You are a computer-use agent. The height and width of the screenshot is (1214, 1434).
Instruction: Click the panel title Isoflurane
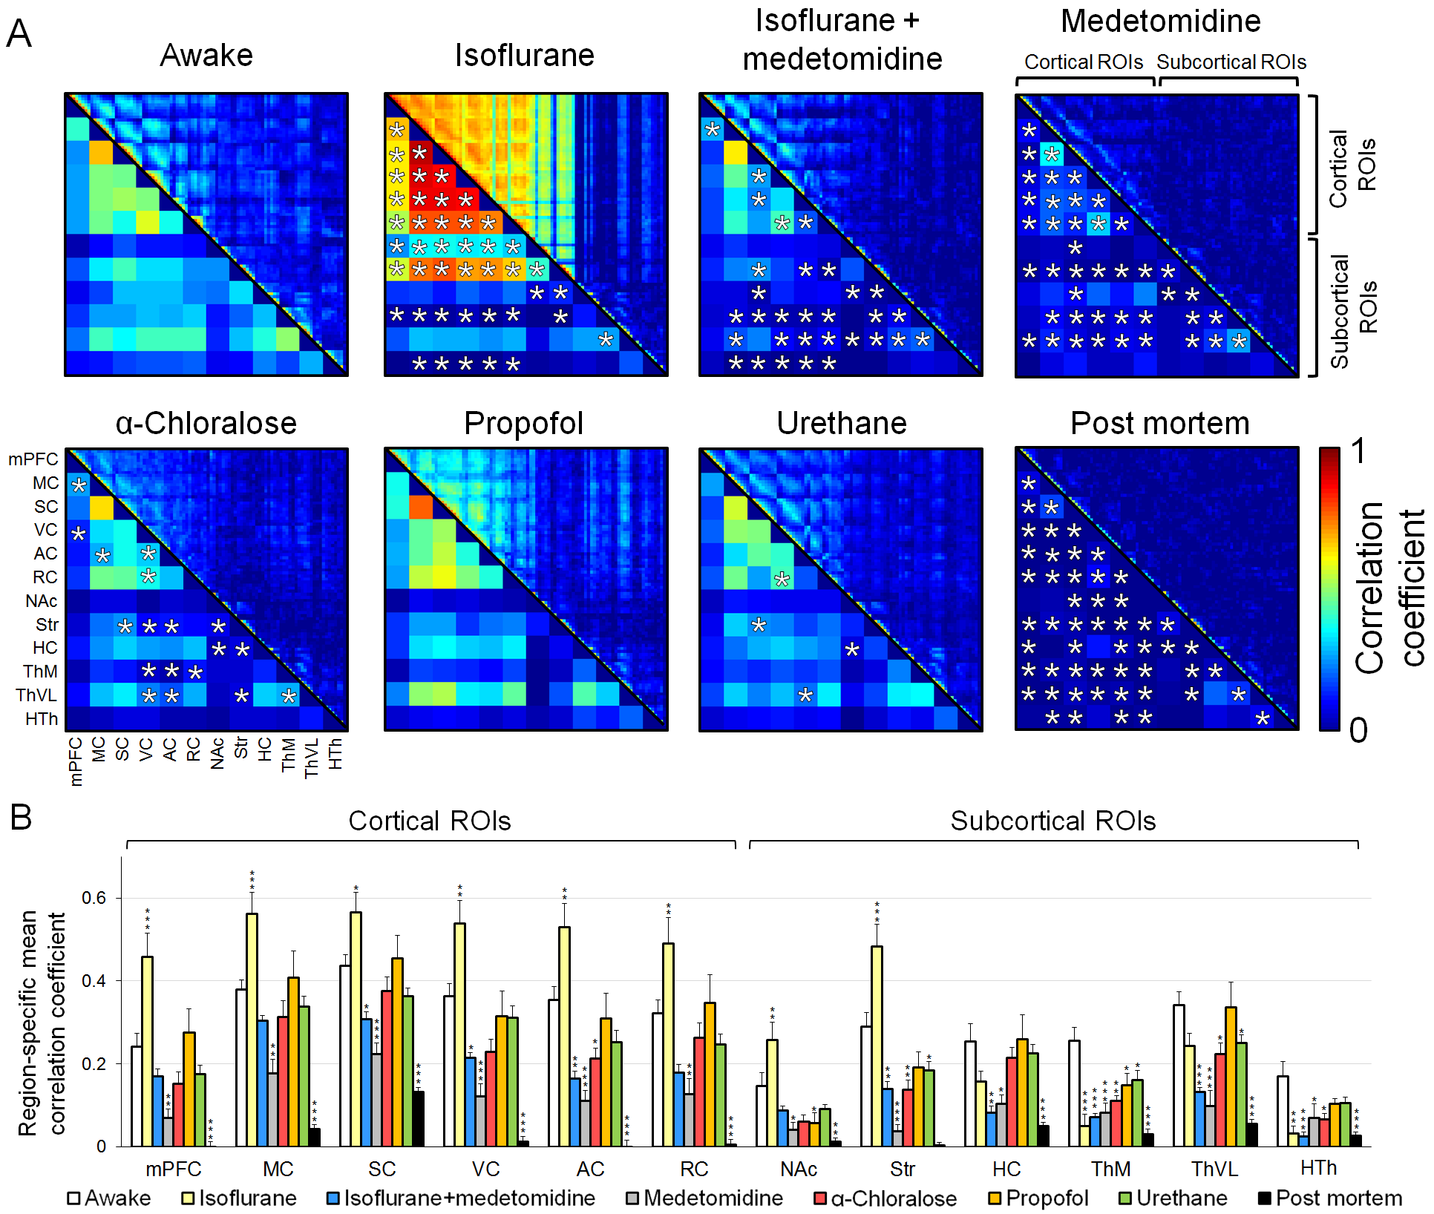(524, 56)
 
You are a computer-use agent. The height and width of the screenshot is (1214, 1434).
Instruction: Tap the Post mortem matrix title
(1159, 424)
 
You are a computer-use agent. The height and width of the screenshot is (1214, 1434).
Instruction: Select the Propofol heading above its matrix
(523, 424)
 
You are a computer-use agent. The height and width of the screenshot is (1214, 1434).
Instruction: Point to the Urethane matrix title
(841, 424)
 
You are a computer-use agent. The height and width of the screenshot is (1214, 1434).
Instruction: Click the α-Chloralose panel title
(206, 424)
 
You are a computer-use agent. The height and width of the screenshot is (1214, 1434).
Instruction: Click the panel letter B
(21, 817)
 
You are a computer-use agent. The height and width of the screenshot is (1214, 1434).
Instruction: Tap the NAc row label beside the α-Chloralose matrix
(42, 601)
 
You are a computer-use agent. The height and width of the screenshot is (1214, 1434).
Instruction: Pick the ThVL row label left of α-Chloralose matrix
(36, 695)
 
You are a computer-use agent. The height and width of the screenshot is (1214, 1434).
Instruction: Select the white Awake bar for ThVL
(1179, 1076)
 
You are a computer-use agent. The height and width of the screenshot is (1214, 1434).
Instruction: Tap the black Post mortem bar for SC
(419, 1118)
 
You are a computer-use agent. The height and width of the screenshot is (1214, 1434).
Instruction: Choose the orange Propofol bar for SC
(397, 1052)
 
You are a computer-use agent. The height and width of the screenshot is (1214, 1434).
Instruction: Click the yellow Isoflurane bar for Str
(877, 1046)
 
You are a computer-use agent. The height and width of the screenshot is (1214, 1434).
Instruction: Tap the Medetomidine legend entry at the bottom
(704, 1198)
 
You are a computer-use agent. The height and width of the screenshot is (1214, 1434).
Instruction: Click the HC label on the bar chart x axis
(1006, 1169)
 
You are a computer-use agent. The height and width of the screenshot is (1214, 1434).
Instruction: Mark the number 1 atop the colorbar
(1358, 451)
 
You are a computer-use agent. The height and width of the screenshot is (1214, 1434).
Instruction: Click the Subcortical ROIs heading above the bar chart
(1052, 821)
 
